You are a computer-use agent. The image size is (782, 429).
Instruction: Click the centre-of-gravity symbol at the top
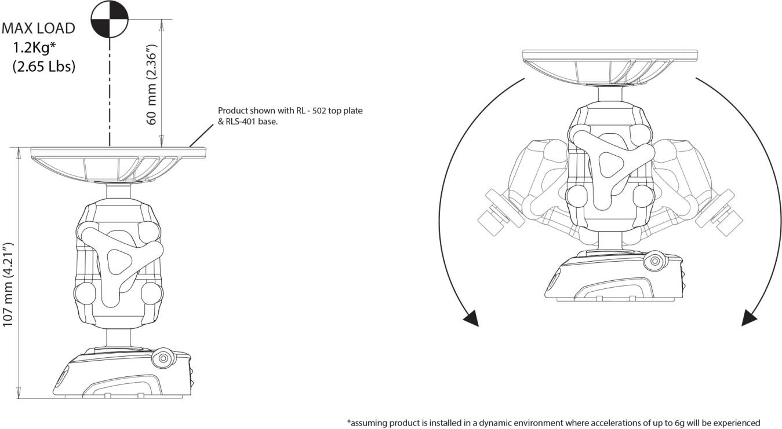(109, 19)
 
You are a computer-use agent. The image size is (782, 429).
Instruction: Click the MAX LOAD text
(38, 28)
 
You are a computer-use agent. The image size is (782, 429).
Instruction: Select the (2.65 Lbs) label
(43, 66)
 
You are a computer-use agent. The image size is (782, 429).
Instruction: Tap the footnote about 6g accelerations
(553, 423)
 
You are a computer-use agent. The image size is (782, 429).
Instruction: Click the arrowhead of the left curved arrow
(471, 318)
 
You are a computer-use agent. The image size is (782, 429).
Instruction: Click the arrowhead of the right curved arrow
(750, 318)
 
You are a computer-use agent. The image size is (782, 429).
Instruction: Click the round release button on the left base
(163, 358)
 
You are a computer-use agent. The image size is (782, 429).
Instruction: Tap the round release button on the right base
(655, 261)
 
